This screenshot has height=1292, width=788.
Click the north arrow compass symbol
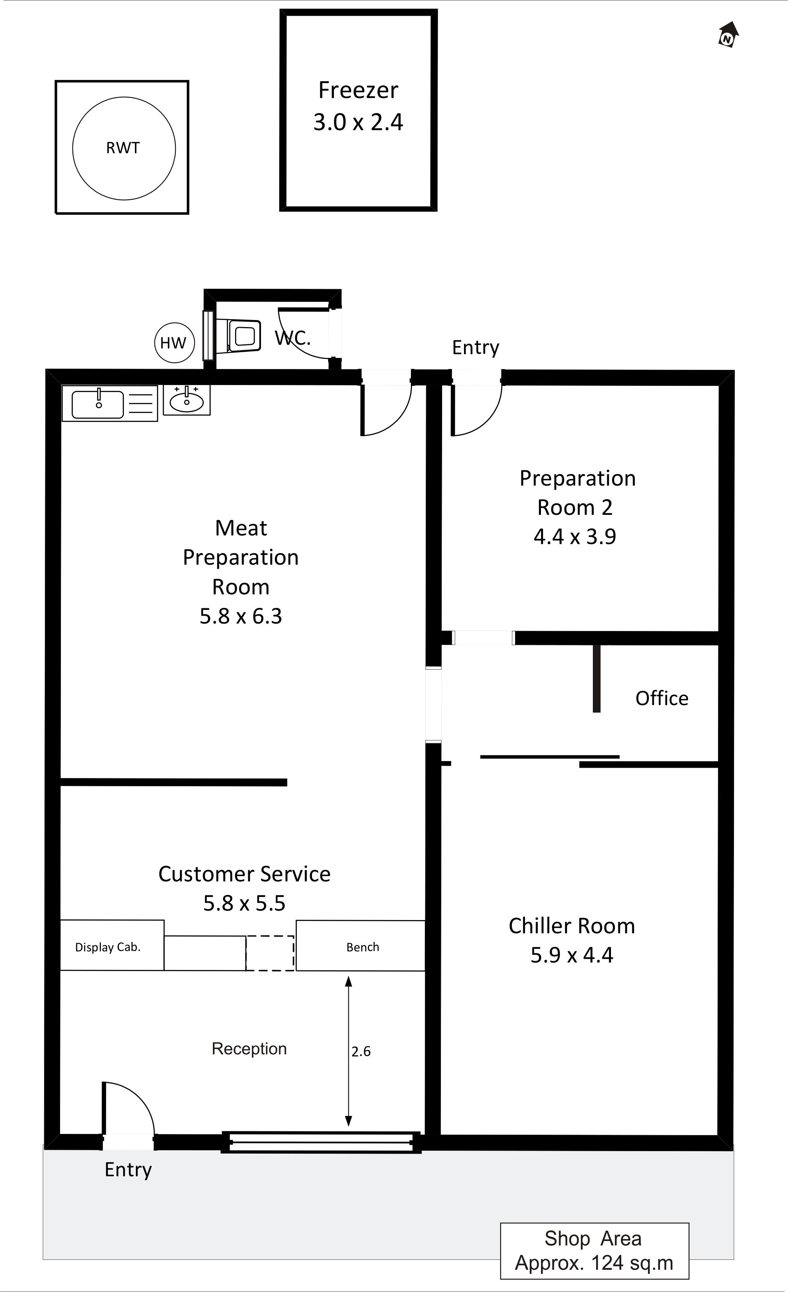tap(728, 35)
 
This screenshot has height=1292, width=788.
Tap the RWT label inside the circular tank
tap(123, 148)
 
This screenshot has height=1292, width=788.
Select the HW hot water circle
tap(174, 343)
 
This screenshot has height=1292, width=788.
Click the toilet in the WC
tap(244, 336)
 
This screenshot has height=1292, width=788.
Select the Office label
tap(662, 699)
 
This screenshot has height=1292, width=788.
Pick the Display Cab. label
tap(108, 947)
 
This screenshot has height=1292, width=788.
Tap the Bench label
tap(363, 947)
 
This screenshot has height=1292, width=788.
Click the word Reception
tap(249, 1049)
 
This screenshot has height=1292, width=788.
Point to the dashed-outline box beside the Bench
tap(270, 953)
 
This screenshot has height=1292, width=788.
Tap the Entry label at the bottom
tap(128, 1170)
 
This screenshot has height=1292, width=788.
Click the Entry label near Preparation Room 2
tap(476, 347)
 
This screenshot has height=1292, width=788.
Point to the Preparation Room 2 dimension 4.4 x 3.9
tap(575, 536)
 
